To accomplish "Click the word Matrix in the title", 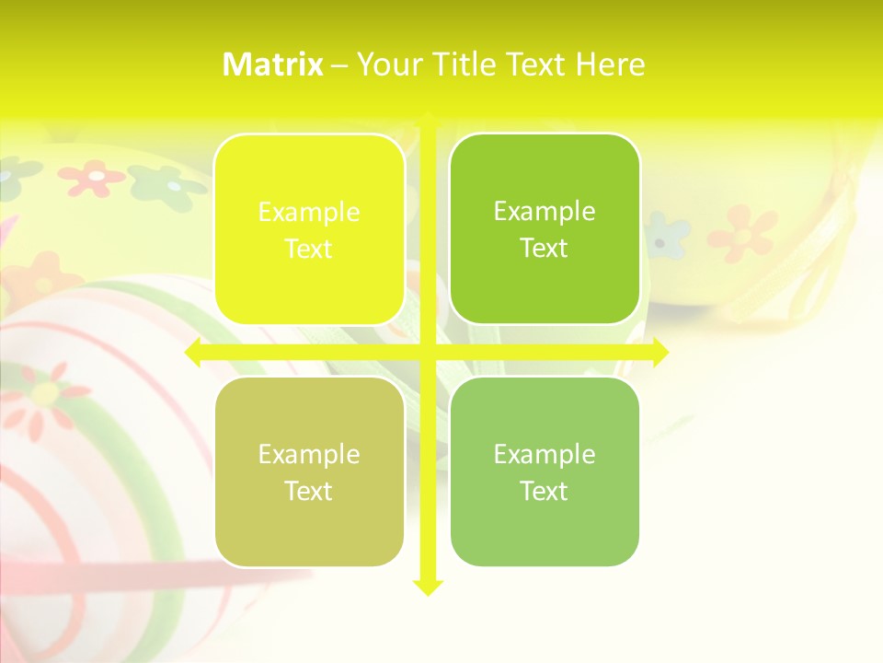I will tap(272, 64).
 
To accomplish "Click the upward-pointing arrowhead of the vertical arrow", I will tap(427, 121).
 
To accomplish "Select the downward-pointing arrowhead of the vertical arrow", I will tap(427, 587).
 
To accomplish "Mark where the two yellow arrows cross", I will tap(427, 353).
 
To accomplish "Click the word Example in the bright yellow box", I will tap(309, 213).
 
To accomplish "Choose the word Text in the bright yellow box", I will tap(309, 250).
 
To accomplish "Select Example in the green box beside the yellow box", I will tap(545, 212).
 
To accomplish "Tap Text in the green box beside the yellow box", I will tap(545, 249).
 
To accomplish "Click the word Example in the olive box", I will tap(309, 455).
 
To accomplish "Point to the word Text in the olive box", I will tap(309, 492).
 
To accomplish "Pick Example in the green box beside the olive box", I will tap(545, 455).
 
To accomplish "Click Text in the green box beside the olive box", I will tap(545, 492).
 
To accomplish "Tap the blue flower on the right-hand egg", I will tap(664, 235).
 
